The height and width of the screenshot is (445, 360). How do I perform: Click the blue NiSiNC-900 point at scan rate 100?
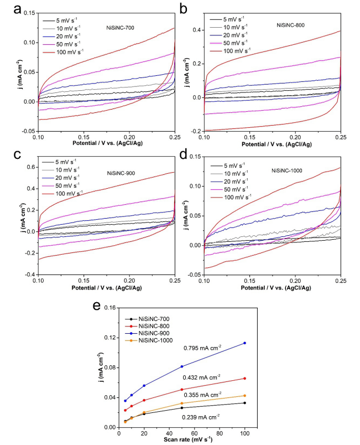(244, 343)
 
